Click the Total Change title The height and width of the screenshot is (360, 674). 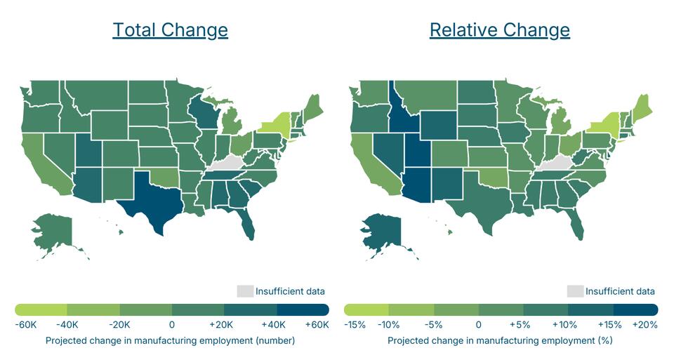170,30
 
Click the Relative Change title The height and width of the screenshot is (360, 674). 499,30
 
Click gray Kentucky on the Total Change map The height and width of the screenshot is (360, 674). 228,162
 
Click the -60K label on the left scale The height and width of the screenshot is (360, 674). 26,325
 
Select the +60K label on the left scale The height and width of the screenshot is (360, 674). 317,325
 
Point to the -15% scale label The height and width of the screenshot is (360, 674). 356,325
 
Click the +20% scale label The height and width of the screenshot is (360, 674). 645,325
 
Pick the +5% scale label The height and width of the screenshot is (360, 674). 522,325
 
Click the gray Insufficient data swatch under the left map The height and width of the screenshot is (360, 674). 244,291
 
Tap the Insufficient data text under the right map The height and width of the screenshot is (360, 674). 620,291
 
